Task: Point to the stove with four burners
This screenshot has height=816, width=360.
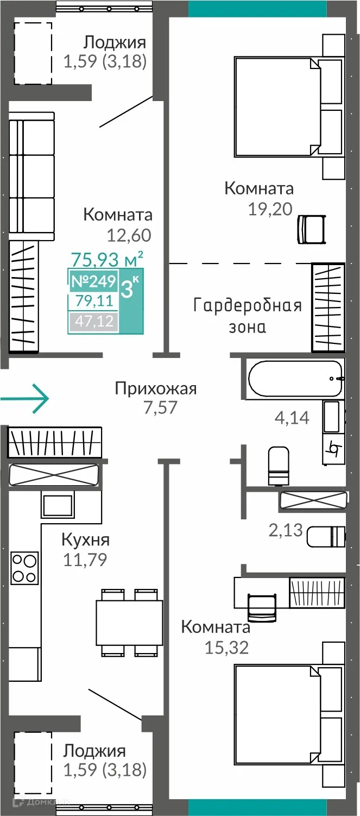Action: tap(25, 568)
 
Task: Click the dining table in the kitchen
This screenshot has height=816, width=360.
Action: tap(129, 622)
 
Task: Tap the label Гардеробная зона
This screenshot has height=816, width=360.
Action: tap(247, 316)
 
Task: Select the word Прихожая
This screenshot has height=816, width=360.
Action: tap(155, 388)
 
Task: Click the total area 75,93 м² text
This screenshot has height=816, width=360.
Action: tap(108, 258)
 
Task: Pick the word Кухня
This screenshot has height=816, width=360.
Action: tap(85, 539)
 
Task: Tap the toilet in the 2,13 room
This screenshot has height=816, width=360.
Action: tap(325, 536)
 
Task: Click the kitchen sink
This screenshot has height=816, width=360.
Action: tap(58, 506)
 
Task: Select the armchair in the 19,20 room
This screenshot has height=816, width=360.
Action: tap(312, 229)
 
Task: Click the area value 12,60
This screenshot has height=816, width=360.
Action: tap(129, 235)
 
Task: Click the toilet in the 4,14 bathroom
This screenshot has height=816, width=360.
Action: tap(279, 466)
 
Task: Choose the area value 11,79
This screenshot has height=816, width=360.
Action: tap(85, 559)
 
